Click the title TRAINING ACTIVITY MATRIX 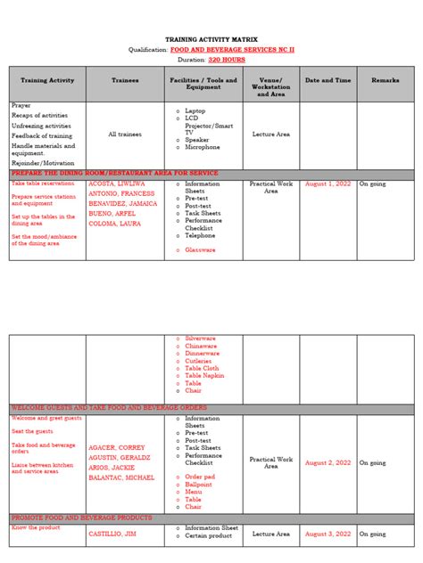coord(211,40)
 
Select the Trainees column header coord(125,80)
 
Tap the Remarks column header coord(385,80)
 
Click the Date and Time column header coord(328,80)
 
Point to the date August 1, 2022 coord(328,184)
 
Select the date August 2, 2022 coord(328,462)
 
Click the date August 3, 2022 coord(328,534)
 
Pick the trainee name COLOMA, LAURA coord(113,224)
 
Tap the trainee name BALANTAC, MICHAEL coord(122,478)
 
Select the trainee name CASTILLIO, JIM coord(112,534)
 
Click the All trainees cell coord(125,135)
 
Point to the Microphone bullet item coord(203,148)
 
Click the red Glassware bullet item coord(200,250)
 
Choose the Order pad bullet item coord(200,477)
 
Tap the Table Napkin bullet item coord(204,375)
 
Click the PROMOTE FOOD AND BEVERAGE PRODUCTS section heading coord(82,518)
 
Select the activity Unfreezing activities coord(41,126)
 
